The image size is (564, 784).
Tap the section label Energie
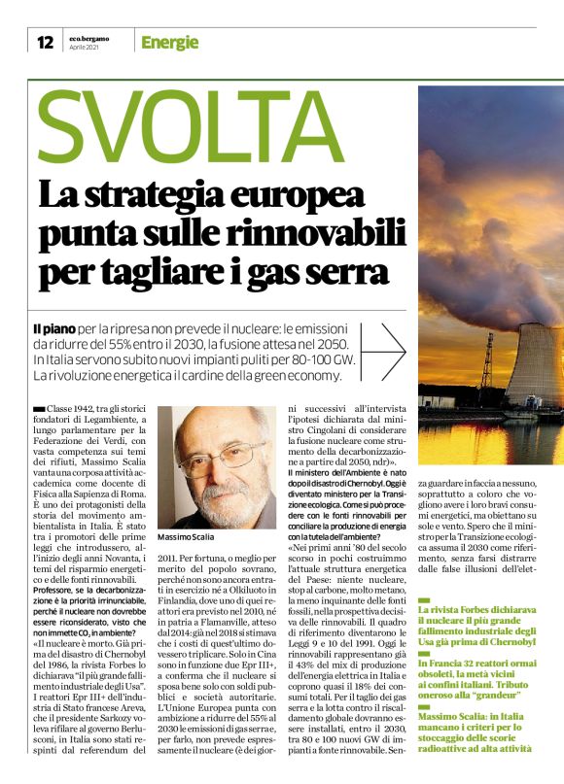pos(169,43)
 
